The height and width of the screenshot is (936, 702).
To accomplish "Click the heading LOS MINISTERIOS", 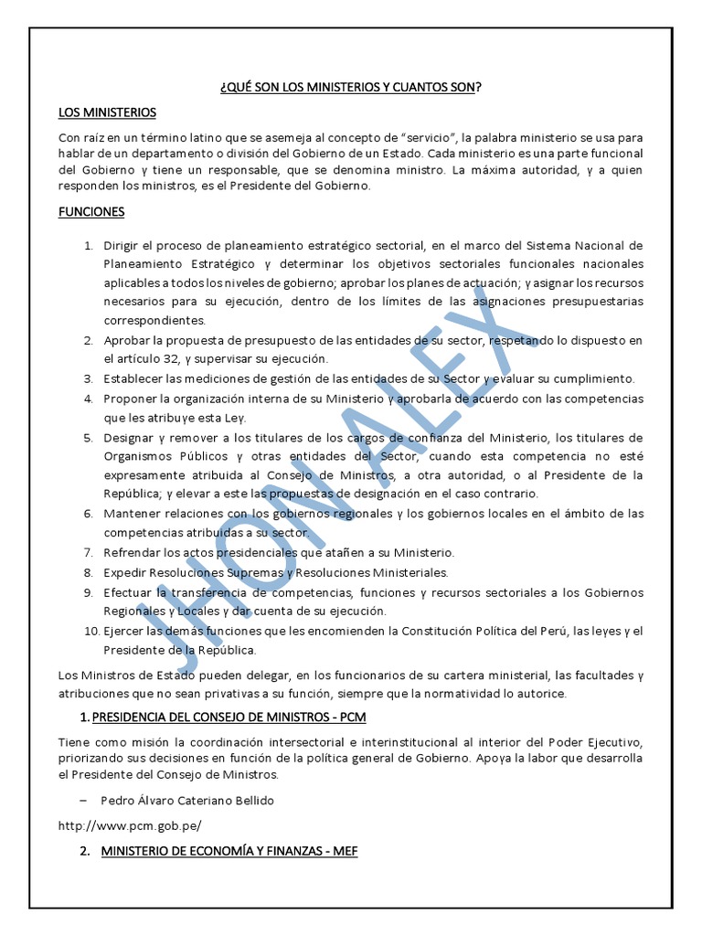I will pyautogui.click(x=107, y=112).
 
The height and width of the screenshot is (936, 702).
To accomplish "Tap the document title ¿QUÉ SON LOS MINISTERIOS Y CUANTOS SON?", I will pyautogui.click(x=351, y=87).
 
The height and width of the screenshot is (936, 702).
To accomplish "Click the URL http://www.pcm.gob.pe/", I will pyautogui.click(x=129, y=825).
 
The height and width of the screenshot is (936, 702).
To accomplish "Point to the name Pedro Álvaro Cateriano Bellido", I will pyautogui.click(x=187, y=800).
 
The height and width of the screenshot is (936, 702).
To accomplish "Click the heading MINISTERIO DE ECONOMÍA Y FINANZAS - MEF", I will pyautogui.click(x=229, y=851).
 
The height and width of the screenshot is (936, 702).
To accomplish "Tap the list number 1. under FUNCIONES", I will pyautogui.click(x=89, y=246).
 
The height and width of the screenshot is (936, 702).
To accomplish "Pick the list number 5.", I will pyautogui.click(x=89, y=437).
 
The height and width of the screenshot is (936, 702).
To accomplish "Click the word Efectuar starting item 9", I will pyautogui.click(x=129, y=592).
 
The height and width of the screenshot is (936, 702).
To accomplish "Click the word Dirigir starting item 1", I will pyautogui.click(x=122, y=246).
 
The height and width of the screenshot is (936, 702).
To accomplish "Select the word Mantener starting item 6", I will pyautogui.click(x=133, y=513).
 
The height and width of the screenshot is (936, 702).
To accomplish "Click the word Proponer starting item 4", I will pyautogui.click(x=133, y=399).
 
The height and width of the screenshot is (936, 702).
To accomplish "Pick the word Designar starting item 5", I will pyautogui.click(x=132, y=437).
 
